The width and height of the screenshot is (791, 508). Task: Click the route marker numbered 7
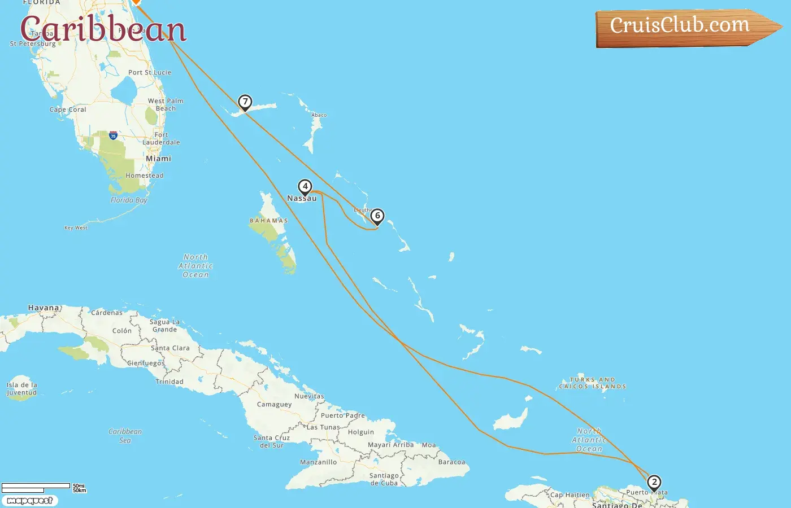pyautogui.click(x=245, y=102)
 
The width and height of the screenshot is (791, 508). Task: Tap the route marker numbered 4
pyautogui.click(x=305, y=186)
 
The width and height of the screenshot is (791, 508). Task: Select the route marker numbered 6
pyautogui.click(x=377, y=216)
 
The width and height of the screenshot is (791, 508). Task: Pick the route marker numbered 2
pyautogui.click(x=654, y=482)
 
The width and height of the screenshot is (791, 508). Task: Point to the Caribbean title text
pyautogui.click(x=103, y=29)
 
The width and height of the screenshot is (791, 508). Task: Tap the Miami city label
pyautogui.click(x=158, y=159)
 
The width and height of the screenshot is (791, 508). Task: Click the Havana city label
pyautogui.click(x=44, y=308)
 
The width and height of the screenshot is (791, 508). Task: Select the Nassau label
pyautogui.click(x=302, y=199)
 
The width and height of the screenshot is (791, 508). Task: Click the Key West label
pyautogui.click(x=76, y=228)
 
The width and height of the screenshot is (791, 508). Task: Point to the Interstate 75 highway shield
pyautogui.click(x=114, y=135)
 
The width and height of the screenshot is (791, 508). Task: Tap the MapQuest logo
pyautogui.click(x=29, y=501)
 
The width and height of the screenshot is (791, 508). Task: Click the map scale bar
pyautogui.click(x=36, y=487)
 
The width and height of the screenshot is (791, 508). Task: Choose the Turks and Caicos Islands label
pyautogui.click(x=592, y=383)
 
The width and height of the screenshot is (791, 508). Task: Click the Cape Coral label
pyautogui.click(x=68, y=110)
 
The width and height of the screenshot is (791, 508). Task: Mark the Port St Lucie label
pyautogui.click(x=150, y=72)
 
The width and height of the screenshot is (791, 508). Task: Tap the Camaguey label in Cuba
pyautogui.click(x=274, y=404)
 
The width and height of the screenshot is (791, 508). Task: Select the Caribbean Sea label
pyautogui.click(x=125, y=436)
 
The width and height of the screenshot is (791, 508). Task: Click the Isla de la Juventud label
pyautogui.click(x=21, y=389)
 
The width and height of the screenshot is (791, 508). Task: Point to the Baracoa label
pyautogui.click(x=451, y=462)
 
